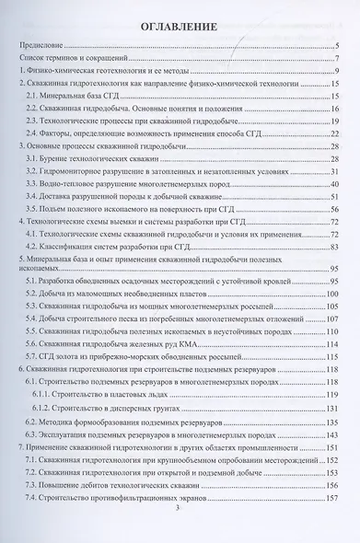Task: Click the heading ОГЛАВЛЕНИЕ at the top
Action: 180,28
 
